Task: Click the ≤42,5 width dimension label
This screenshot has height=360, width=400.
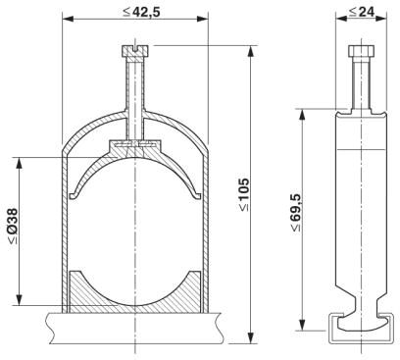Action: coord(141,12)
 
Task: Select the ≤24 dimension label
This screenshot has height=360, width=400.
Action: coord(361,12)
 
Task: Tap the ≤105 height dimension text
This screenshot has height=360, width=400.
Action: coord(244,194)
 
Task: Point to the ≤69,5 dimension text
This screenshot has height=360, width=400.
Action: coord(296,213)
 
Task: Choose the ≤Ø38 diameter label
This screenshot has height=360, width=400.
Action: coord(13,226)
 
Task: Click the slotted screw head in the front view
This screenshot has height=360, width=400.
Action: coord(135,51)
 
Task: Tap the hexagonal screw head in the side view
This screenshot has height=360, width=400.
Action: coord(361,51)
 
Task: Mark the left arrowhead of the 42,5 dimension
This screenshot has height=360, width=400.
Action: coord(68,20)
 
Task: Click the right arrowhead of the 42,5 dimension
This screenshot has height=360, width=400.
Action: coord(202,20)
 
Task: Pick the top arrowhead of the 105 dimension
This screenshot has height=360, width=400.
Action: coord(251,51)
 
